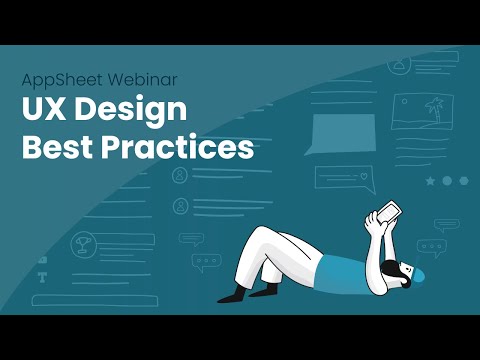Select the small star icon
430,182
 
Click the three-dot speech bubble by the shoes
207,262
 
